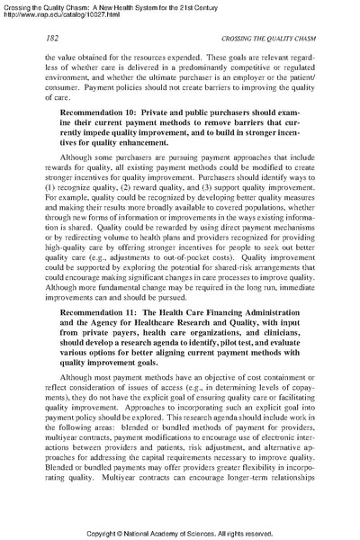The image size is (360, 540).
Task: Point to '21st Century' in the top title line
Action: (x=229, y=5)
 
